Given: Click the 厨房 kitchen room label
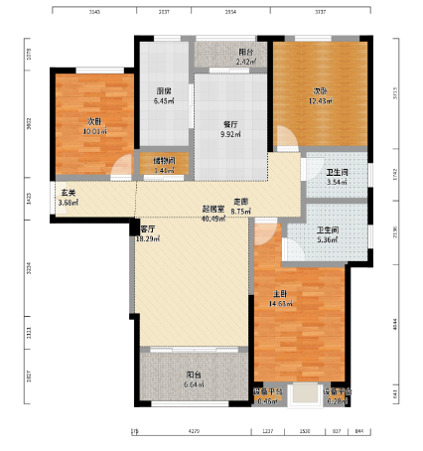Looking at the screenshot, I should (163, 90).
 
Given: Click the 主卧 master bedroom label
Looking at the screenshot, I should (281, 294).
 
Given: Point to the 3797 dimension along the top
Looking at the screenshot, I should (321, 12).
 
